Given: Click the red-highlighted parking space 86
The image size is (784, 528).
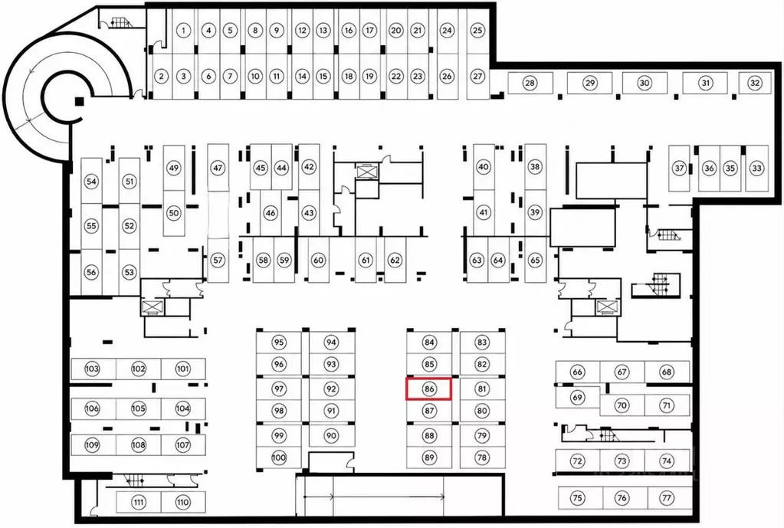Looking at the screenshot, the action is [x=429, y=389].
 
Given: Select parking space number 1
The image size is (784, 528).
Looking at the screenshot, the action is [x=183, y=31].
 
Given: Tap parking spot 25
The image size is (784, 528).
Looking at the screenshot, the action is [x=477, y=31].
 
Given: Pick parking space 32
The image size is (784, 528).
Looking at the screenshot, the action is [x=755, y=83].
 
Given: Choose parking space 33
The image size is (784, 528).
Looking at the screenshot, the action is [x=756, y=168].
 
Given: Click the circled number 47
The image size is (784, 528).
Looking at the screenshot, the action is [x=218, y=168].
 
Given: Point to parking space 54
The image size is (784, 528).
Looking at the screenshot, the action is [x=91, y=181].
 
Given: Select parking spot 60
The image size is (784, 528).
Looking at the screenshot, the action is [x=319, y=260].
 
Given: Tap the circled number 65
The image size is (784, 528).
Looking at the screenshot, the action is [x=535, y=260].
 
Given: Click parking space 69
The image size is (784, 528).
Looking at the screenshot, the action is [x=578, y=398].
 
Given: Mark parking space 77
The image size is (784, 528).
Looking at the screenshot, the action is [x=667, y=498].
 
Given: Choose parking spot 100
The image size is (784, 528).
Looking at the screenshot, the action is [x=279, y=457].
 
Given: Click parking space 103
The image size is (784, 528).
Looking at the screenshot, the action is [x=92, y=369].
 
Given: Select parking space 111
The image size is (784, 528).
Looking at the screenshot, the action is [x=139, y=503].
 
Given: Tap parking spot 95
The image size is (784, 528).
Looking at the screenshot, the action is [x=279, y=343].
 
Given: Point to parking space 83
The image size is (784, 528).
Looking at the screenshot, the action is [x=481, y=343].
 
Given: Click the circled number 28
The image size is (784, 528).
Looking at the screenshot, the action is [x=530, y=83].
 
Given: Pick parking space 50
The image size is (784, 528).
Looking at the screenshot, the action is [x=173, y=213].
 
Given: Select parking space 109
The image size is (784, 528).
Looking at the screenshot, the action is [x=92, y=445].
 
